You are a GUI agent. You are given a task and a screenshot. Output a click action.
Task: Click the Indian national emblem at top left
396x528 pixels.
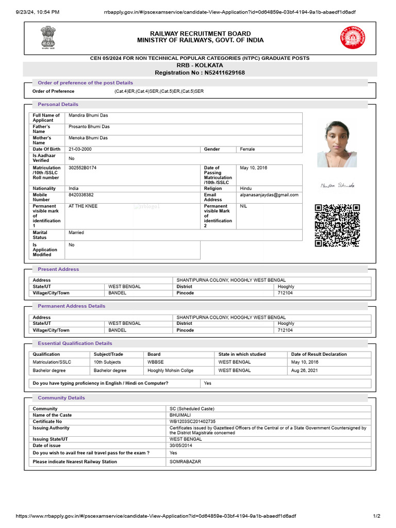coord(47,37)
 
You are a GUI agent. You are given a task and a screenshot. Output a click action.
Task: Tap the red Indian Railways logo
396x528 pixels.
coord(351,38)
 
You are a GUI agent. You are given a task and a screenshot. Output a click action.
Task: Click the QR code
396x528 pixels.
coord(337,225)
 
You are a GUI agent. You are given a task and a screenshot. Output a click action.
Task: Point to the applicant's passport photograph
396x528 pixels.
coord(337,144)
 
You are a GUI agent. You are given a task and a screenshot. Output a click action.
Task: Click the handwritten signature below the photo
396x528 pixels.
coord(337,185)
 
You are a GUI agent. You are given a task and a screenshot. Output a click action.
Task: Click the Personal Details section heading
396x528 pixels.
coord(58,104)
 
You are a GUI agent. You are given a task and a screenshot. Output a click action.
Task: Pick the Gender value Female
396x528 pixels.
coord(247,149)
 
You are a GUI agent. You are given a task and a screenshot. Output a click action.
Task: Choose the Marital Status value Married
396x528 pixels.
coord(76,233)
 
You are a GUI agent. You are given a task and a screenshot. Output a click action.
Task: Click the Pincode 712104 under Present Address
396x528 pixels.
coord(285,293)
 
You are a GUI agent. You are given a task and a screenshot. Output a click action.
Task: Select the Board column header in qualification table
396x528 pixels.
coord(154,354)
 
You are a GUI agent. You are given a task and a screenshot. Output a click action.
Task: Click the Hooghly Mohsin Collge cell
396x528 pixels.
coord(171,370)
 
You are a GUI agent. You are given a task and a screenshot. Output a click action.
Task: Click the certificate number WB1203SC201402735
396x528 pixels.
coord(193,421)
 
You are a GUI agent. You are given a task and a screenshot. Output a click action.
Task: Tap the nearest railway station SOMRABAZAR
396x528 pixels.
coord(185,461)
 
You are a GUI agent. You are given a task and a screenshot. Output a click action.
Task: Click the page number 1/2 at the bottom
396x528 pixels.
coord(376,516)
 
